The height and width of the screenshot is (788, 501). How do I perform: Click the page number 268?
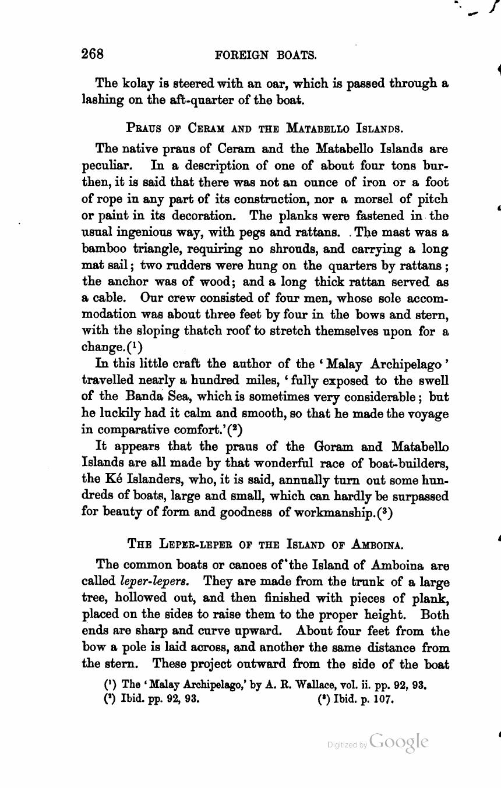[93, 54]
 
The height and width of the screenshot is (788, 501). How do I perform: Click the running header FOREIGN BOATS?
[266, 55]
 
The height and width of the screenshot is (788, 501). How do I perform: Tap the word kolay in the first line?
[137, 84]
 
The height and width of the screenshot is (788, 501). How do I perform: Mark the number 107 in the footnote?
[383, 699]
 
